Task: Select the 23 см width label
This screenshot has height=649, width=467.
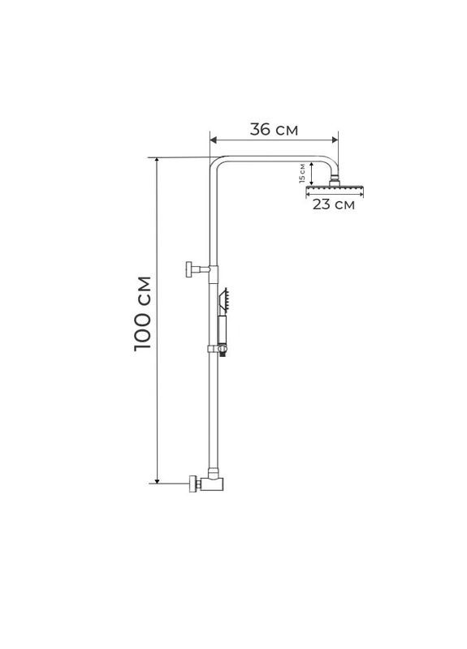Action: point(334,204)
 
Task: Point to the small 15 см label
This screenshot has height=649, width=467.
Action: point(301,173)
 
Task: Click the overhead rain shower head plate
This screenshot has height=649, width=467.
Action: point(334,189)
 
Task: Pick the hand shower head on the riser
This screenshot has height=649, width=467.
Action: point(224,300)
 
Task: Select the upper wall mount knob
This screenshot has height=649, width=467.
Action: point(189,269)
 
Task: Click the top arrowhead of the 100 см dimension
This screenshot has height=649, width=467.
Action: point(157,161)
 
